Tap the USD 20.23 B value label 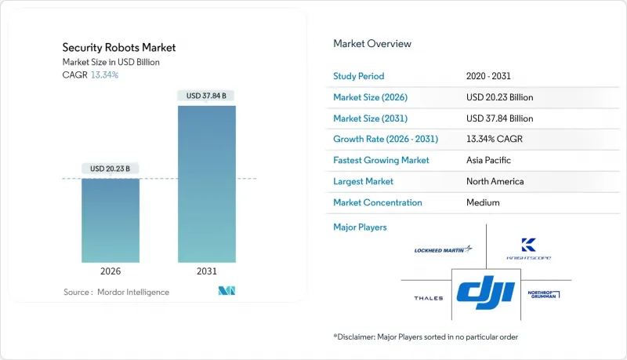tap(110, 168)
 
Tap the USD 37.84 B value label tap(207, 96)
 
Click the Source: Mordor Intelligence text tap(116, 292)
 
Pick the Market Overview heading tap(372, 44)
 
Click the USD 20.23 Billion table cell tap(499, 97)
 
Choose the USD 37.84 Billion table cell tap(499, 118)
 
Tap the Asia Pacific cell tap(489, 160)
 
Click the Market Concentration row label tap(378, 202)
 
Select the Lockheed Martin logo tap(444, 249)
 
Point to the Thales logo tap(428, 298)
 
